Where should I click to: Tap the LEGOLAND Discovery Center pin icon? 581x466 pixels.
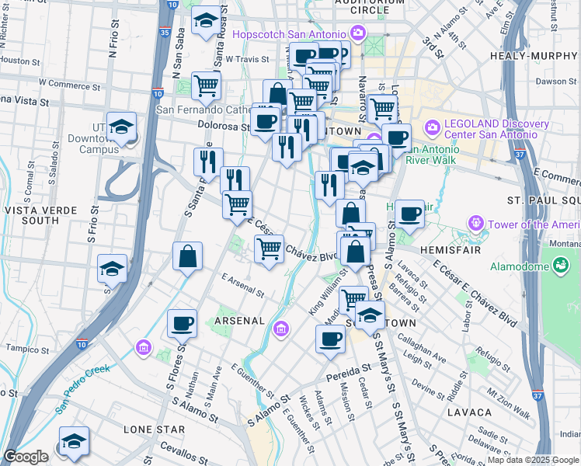432,127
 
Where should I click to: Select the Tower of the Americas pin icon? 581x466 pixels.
476,224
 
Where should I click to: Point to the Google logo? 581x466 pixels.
26,457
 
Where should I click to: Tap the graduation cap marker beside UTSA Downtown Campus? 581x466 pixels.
121,128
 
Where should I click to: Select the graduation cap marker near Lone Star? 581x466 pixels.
74,442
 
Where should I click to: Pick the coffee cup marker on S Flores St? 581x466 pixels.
182,323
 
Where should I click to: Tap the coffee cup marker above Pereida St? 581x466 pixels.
330,339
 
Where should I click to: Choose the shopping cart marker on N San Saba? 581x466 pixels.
205,85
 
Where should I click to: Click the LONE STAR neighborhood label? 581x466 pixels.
154,429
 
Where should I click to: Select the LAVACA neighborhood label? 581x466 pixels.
469,412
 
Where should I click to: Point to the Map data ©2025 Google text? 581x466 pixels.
533,460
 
